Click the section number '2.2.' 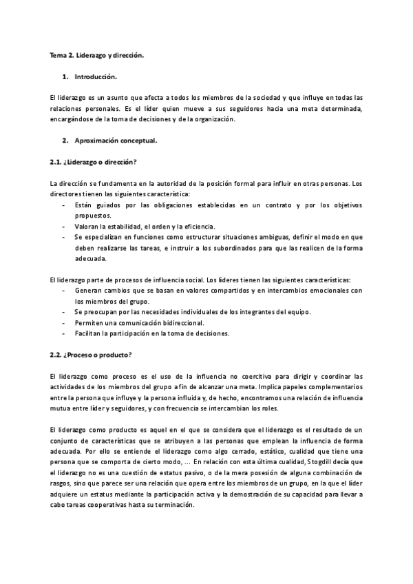click(56, 355)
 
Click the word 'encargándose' click(74, 119)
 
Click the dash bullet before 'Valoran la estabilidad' click(64, 227)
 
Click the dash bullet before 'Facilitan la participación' click(64, 333)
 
